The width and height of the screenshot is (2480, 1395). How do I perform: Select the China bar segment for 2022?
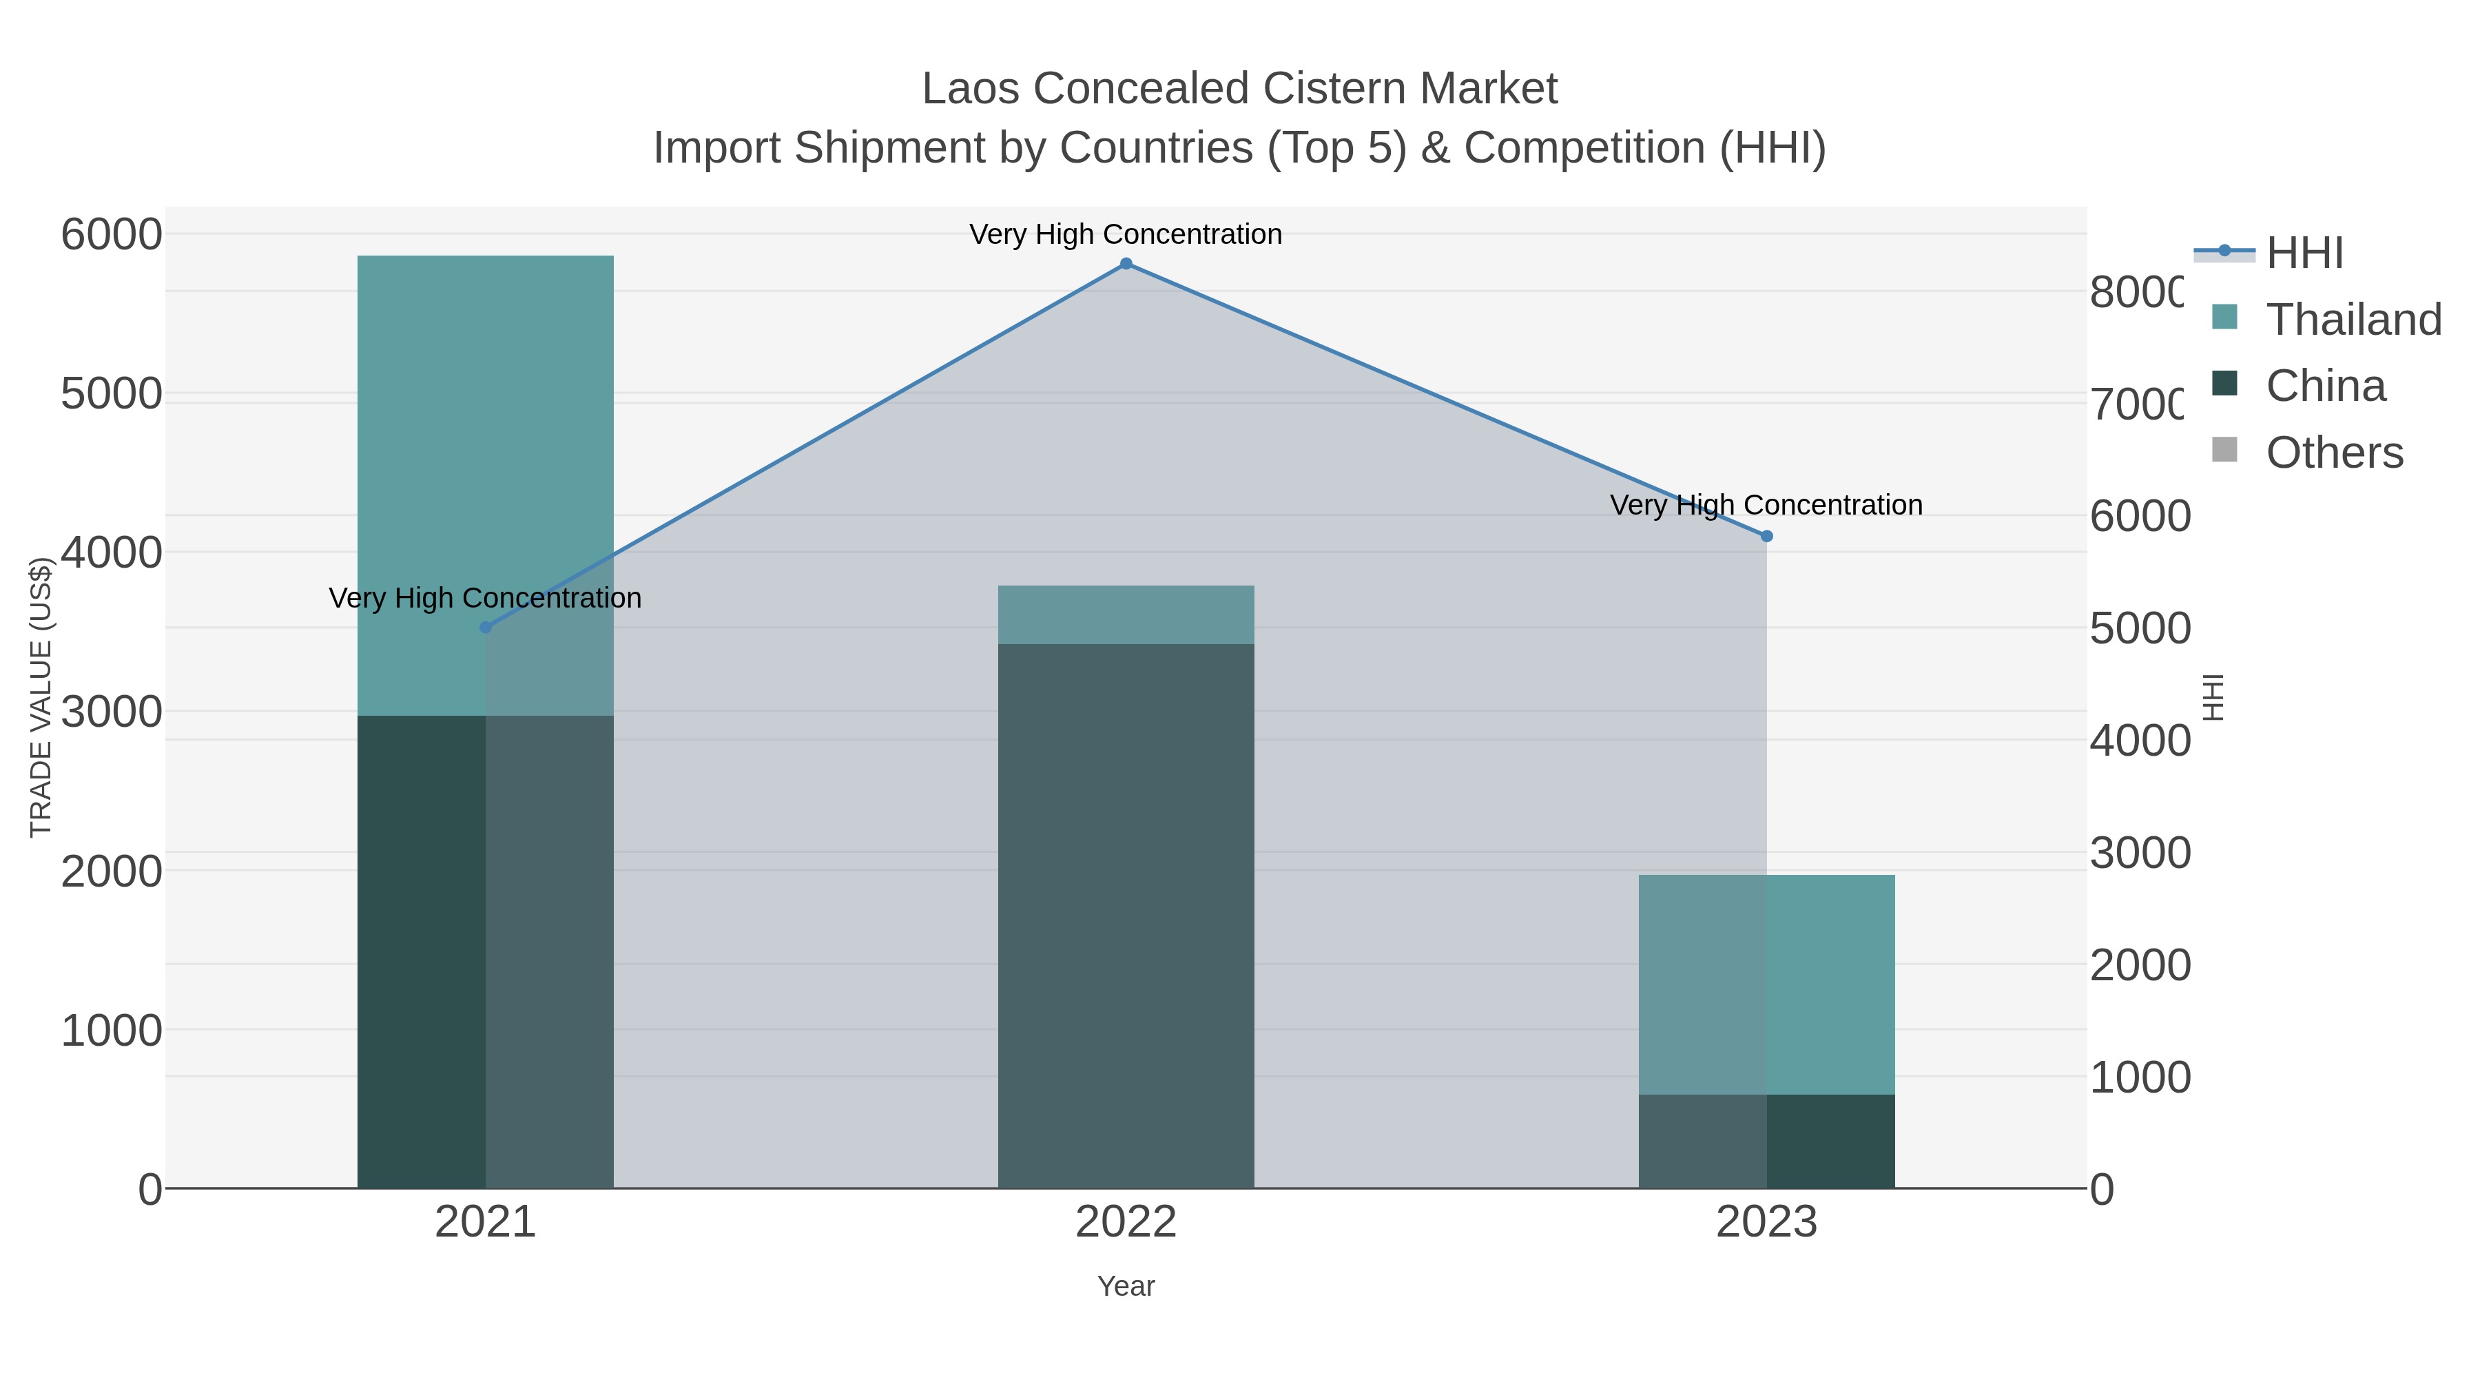(x=1126, y=915)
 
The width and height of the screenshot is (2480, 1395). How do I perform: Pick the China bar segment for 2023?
(x=1766, y=1141)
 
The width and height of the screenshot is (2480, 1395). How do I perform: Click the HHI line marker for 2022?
(x=1126, y=264)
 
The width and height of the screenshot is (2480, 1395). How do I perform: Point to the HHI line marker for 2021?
(x=485, y=628)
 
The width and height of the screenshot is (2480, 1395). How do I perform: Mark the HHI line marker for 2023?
(x=1766, y=536)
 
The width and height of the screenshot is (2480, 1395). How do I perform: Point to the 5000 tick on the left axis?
(x=112, y=394)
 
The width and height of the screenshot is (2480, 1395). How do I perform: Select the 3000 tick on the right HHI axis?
(x=2139, y=853)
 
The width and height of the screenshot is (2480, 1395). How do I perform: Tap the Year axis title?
(x=1126, y=1286)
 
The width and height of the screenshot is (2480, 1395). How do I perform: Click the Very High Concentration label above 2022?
(x=1126, y=234)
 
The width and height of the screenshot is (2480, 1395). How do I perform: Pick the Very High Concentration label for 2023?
(x=1766, y=504)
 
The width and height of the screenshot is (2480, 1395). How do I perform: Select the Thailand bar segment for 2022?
(x=1126, y=614)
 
